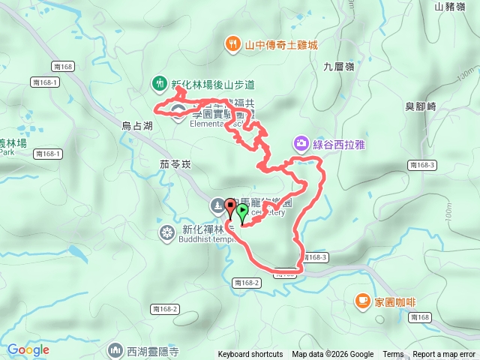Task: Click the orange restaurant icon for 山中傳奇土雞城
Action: coord(233,44)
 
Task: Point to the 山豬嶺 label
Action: coord(450,7)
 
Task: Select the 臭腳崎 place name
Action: coord(420,107)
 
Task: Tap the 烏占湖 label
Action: coord(136,127)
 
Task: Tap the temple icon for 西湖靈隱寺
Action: coord(115,349)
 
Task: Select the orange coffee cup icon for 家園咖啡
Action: coord(362,301)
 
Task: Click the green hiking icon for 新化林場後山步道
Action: coord(159,82)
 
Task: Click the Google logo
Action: coord(28,349)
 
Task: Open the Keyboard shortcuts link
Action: coord(250,355)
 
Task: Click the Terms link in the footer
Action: coord(393,355)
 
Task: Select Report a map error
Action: coord(445,355)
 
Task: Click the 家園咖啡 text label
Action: coord(395,301)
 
